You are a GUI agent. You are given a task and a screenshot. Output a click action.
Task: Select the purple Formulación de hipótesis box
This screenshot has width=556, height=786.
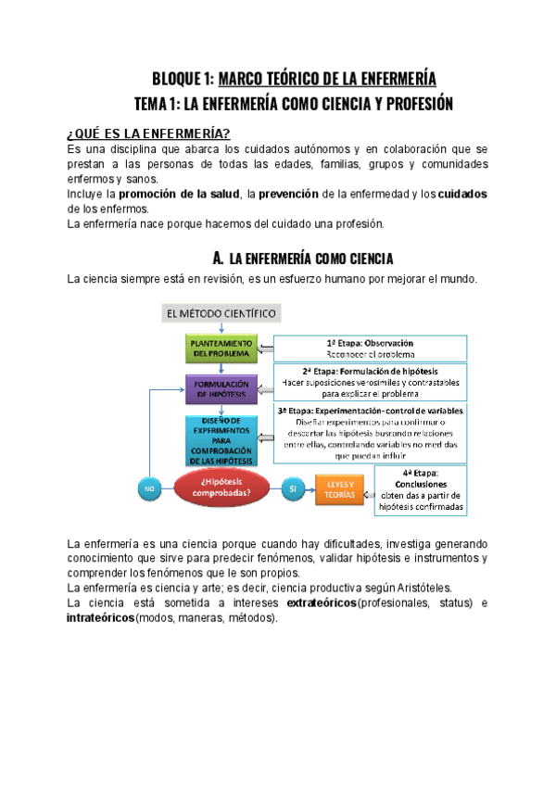click(221, 388)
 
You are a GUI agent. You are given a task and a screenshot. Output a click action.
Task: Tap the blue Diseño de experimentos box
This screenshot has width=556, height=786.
click(221, 439)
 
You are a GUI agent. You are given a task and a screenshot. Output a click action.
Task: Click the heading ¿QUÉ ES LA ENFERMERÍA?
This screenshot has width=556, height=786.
click(149, 133)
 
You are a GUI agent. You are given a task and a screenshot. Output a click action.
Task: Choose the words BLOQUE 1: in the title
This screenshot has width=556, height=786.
click(183, 79)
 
